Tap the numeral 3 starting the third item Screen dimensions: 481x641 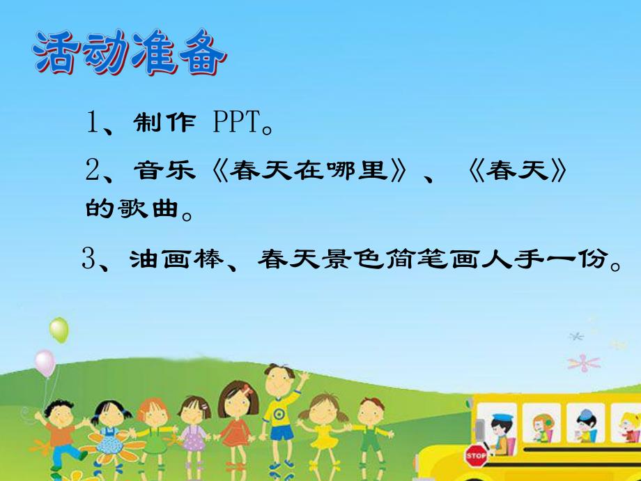[88, 260]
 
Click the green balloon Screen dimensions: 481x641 [59, 330]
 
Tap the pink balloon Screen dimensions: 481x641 [45, 362]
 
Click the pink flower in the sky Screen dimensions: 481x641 [583, 362]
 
